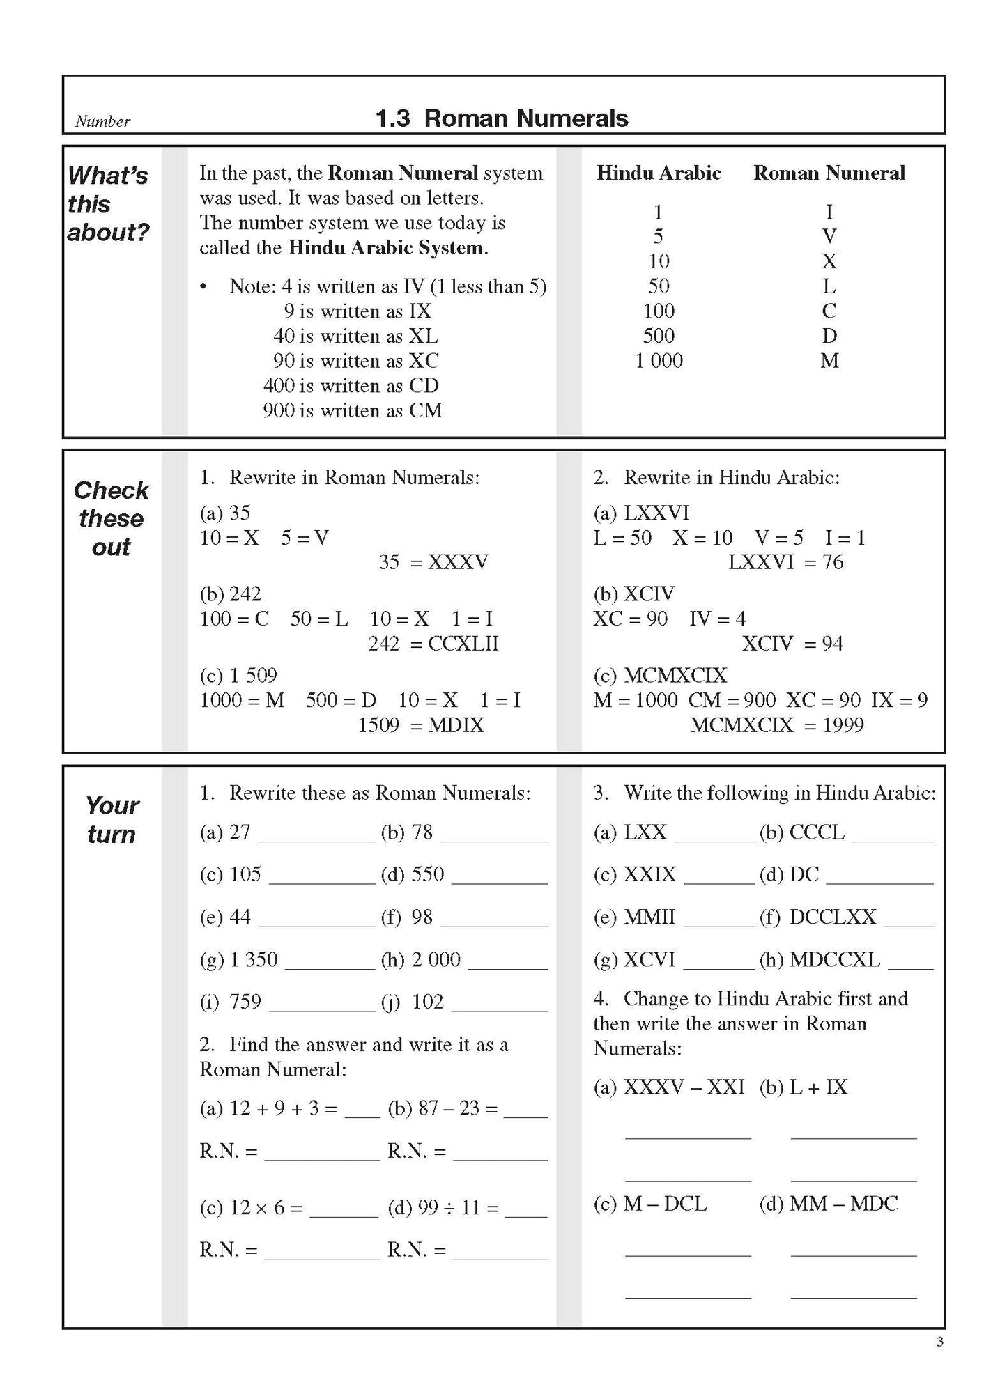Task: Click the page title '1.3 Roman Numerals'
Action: coord(502,118)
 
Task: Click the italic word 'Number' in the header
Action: coord(102,121)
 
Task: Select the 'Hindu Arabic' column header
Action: coord(659,173)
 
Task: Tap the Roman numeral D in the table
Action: coord(829,336)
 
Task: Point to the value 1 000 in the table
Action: coord(659,361)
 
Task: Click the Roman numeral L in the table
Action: coord(829,286)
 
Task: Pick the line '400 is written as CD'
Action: coord(351,386)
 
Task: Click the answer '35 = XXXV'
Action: coord(433,562)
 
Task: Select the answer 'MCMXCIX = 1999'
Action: coord(777,725)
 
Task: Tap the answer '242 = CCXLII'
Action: coord(433,644)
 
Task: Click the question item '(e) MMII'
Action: coord(634,917)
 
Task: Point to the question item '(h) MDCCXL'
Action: coord(820,960)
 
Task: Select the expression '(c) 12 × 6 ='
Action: coord(252,1207)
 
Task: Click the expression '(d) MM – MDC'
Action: coord(829,1203)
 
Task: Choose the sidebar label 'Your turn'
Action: coord(112,820)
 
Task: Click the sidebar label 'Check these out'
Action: coord(112,519)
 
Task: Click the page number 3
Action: coord(939,1342)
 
